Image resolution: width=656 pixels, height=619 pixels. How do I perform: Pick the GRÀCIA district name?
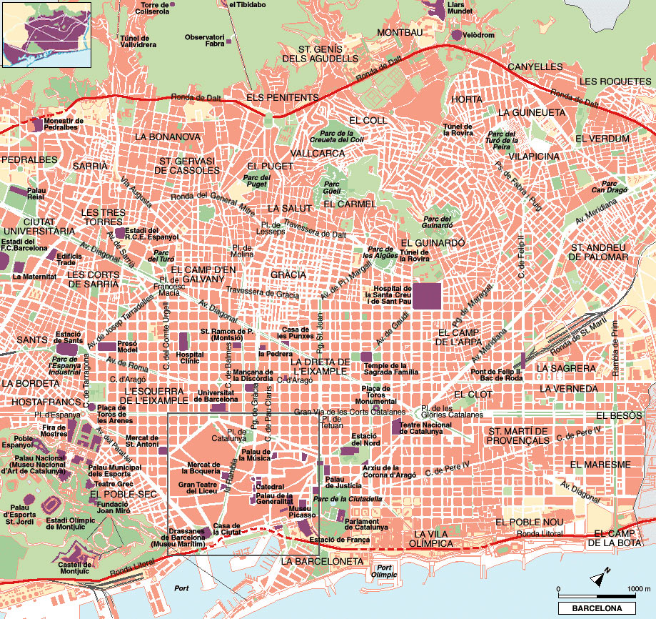click(x=288, y=274)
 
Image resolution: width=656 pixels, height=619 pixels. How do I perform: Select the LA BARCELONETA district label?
click(x=322, y=562)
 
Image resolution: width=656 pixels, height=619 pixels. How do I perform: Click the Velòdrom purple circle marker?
click(x=456, y=34)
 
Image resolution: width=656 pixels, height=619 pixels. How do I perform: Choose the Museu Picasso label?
click(x=302, y=511)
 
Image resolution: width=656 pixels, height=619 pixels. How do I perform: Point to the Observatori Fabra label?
click(x=204, y=40)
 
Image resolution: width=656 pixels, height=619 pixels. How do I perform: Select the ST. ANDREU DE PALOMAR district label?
click(x=599, y=252)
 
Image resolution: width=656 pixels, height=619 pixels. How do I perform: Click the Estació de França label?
click(x=340, y=540)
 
